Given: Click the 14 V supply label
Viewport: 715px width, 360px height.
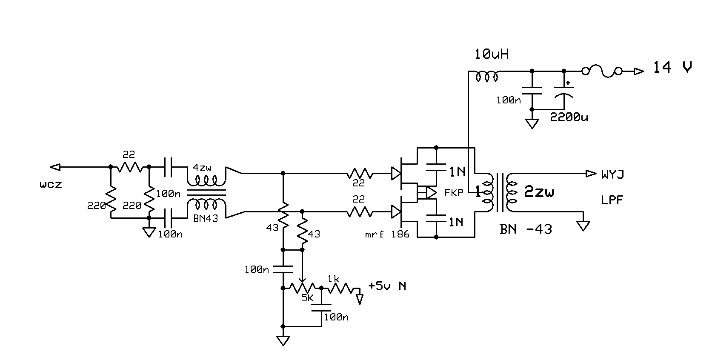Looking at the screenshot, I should point(672,68).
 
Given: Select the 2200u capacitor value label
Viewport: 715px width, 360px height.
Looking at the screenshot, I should point(569,117).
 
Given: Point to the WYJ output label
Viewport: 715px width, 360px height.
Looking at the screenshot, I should point(613,174).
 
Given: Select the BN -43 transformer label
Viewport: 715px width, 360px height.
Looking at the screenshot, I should point(526,229).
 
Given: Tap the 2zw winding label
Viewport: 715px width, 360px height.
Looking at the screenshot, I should point(539,192).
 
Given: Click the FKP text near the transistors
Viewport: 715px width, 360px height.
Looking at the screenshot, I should point(454,193).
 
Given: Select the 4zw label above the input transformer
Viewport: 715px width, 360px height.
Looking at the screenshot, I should point(202,167).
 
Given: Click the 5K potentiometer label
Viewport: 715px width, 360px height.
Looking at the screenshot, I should point(307,298).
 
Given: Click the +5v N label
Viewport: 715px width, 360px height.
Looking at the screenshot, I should point(387,286).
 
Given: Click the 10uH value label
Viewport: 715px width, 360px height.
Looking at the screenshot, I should point(492,54).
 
